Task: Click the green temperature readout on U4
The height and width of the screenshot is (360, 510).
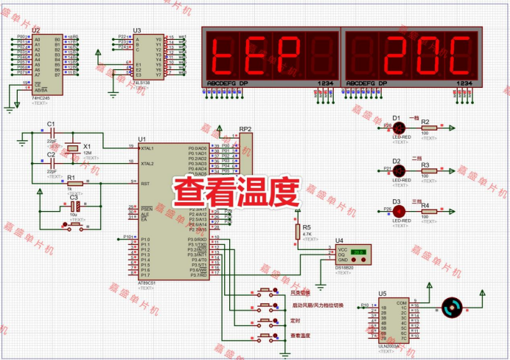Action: [x=358, y=252]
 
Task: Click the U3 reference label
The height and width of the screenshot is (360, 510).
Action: [x=136, y=30]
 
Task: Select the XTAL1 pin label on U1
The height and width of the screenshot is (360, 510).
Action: [x=147, y=148]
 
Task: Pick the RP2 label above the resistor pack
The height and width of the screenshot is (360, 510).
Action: [x=245, y=129]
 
